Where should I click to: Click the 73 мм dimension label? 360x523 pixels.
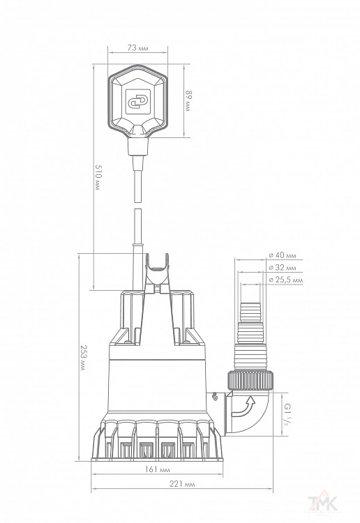(138, 47)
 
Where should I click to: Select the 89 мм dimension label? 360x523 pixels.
(189, 100)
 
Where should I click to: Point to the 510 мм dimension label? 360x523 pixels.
(98, 177)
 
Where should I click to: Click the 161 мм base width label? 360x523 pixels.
(157, 469)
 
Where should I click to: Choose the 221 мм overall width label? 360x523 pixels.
(182, 484)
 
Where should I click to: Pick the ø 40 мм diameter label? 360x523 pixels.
(283, 255)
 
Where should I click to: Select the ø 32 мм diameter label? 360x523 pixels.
(283, 268)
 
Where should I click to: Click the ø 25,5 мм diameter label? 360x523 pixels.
(286, 280)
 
